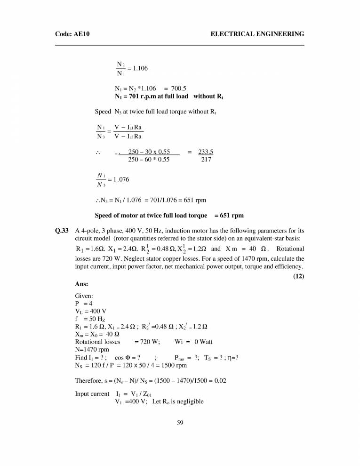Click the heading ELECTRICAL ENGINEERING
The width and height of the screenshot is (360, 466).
tap(257, 34)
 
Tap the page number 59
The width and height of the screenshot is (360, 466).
tap(180, 423)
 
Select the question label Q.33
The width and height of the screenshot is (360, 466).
tap(62, 231)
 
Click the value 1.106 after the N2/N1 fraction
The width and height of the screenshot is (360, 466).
tap(140, 68)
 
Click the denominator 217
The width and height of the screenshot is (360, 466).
tap(206, 160)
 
